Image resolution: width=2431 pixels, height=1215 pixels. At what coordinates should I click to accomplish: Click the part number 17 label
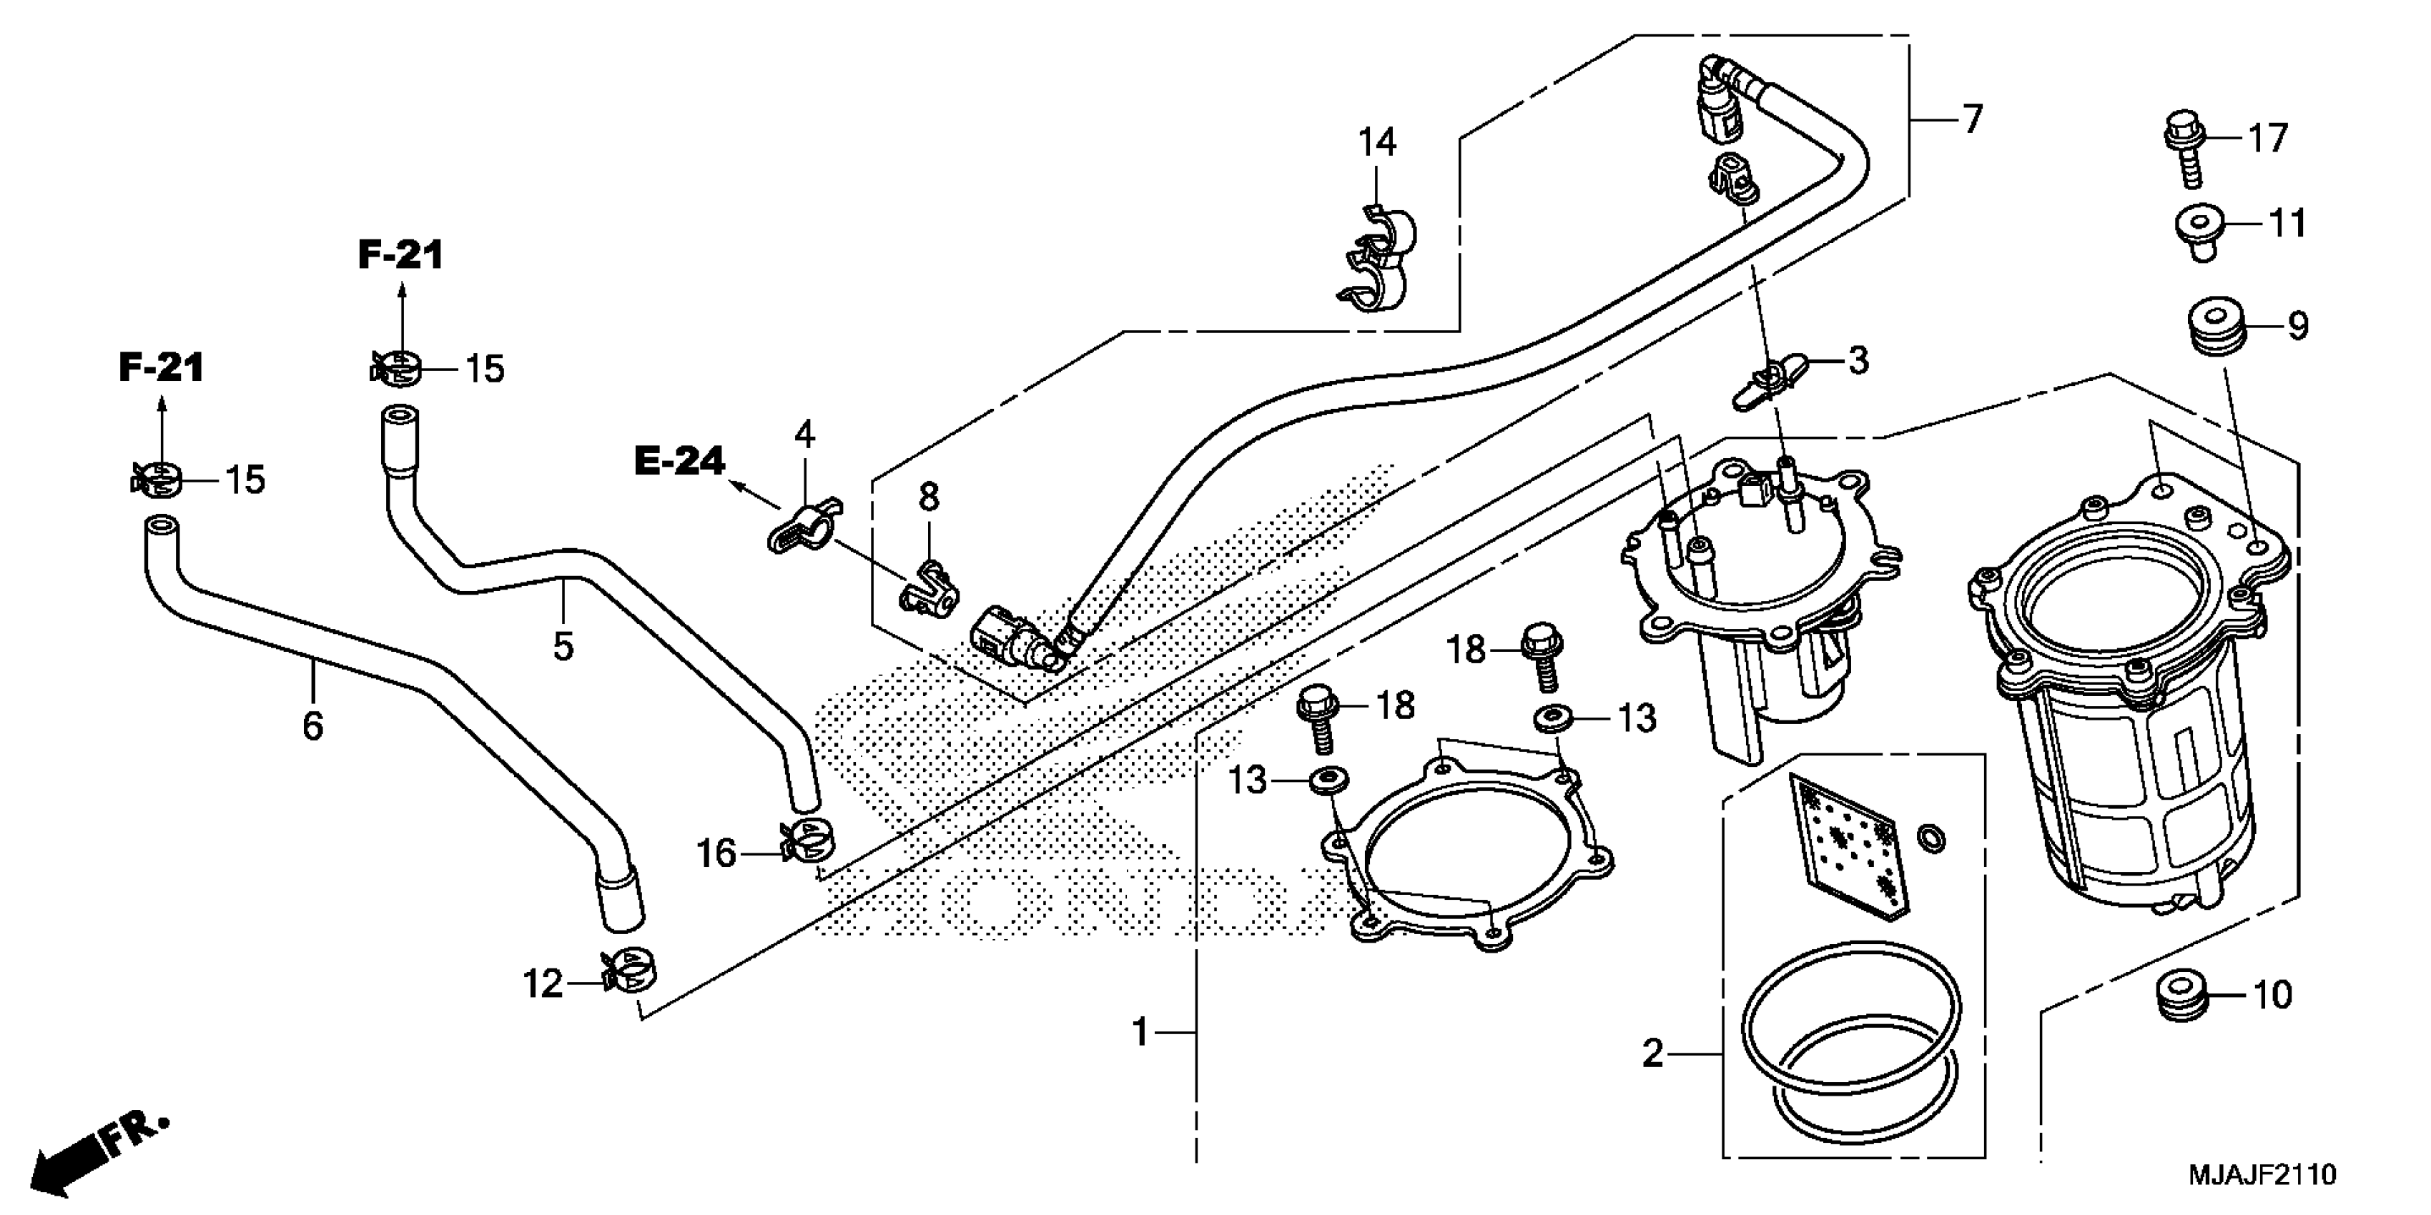click(2268, 139)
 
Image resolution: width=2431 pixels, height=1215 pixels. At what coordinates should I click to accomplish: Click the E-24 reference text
click(679, 460)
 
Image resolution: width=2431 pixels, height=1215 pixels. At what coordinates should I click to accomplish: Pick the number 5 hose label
click(563, 647)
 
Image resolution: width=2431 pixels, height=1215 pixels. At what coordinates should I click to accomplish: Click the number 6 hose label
click(312, 726)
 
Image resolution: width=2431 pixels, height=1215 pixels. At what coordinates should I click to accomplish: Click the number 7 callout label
click(1973, 120)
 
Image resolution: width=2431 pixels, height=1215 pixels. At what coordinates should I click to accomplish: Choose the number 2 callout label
click(1652, 1053)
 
